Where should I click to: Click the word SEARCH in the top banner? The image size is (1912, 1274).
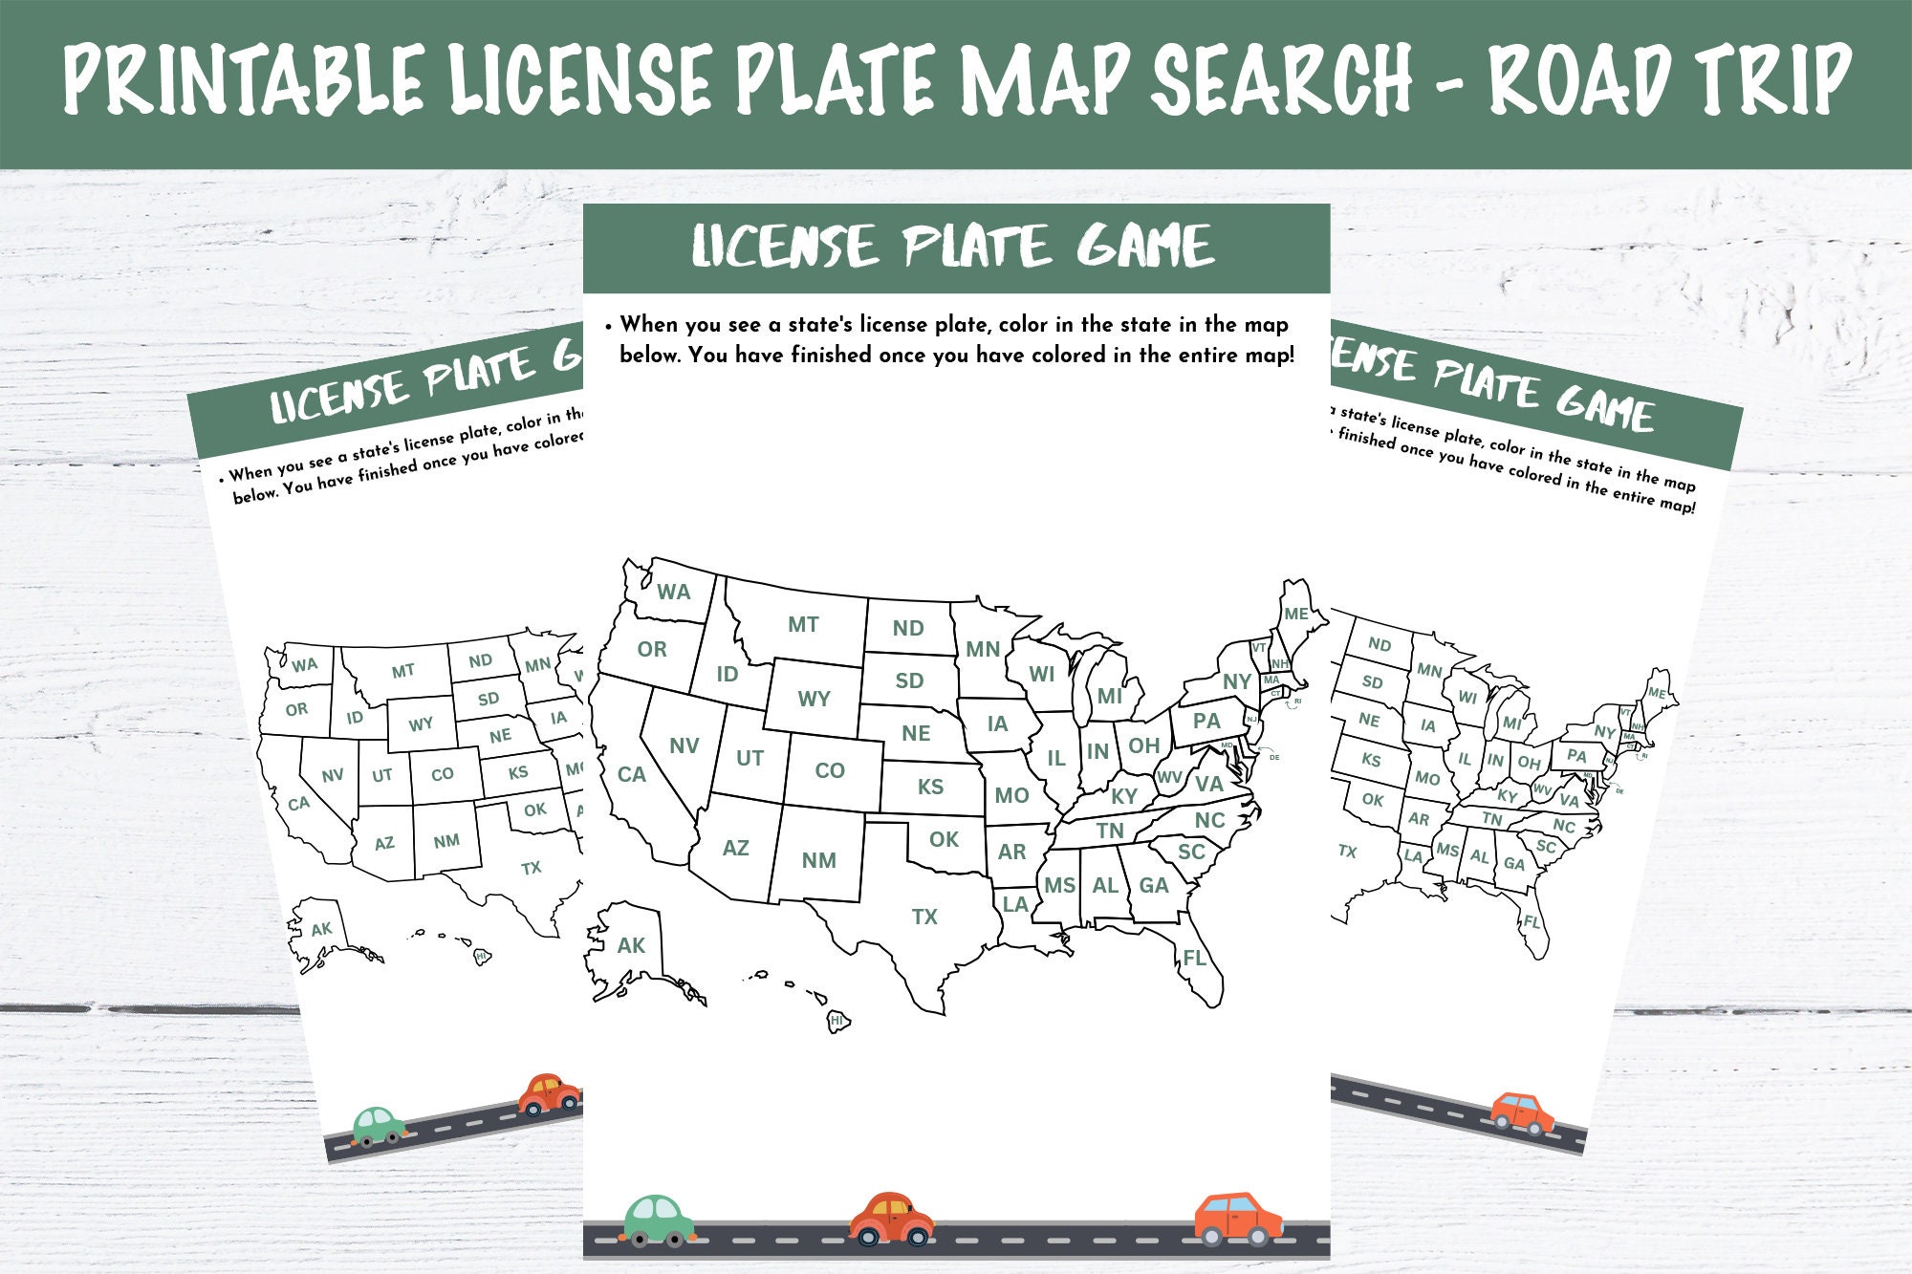point(1282,80)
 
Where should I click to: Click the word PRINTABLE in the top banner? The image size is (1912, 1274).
point(243,80)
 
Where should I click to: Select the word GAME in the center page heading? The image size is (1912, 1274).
point(1145,247)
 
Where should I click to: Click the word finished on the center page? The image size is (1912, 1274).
point(832,356)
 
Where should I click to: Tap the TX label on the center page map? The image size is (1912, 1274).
point(924,917)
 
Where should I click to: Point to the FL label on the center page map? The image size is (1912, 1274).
point(1195,958)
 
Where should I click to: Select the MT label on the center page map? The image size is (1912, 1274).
point(803,624)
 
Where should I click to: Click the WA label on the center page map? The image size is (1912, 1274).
point(673,592)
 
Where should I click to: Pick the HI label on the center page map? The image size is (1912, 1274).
point(838,1021)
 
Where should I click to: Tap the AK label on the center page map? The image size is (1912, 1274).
point(631,945)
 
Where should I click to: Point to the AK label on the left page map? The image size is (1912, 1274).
point(322,929)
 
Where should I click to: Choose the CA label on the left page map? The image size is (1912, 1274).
point(298,804)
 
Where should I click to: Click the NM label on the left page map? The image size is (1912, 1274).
point(446,841)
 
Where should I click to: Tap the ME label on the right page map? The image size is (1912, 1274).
point(1657,693)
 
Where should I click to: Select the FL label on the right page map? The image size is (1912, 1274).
point(1532,922)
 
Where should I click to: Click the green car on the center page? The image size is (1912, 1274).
point(659,1220)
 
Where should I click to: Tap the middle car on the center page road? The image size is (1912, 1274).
point(892,1219)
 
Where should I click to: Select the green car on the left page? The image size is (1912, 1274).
point(379,1126)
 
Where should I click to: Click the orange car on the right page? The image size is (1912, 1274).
point(1523,1112)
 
